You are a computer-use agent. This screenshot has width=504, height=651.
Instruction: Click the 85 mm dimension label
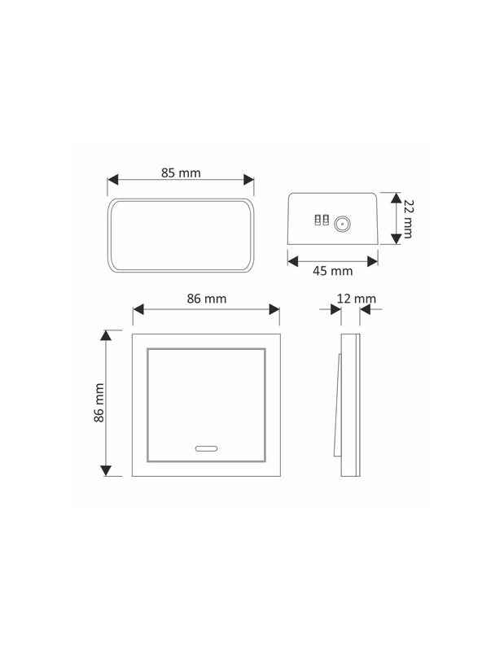(181, 173)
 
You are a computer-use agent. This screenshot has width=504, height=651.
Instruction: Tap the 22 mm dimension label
(409, 219)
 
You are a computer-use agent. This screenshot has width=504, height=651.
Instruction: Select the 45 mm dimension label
(332, 271)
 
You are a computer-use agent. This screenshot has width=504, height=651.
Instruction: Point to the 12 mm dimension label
(357, 299)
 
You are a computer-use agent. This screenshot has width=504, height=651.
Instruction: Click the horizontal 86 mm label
(207, 299)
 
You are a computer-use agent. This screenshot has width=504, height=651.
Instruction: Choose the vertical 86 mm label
(99, 403)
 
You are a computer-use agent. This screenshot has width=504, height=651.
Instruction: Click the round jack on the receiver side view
(342, 225)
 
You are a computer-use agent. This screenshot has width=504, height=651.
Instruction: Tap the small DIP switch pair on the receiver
(322, 220)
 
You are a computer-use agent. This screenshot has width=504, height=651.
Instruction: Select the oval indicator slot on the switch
(206, 448)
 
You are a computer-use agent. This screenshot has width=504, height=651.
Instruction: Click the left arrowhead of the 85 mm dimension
(112, 180)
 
